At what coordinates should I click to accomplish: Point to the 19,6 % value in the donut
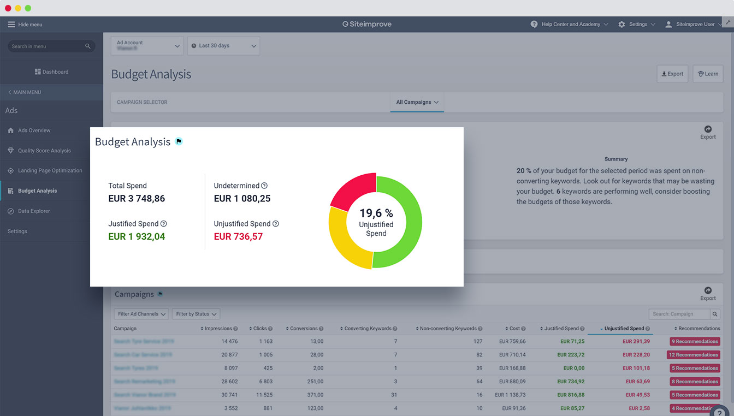pyautogui.click(x=376, y=213)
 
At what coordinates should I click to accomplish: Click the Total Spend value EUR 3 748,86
pyautogui.click(x=137, y=199)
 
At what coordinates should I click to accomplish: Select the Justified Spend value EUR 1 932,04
pyautogui.click(x=137, y=236)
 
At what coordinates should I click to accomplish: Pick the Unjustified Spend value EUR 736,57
pyautogui.click(x=238, y=236)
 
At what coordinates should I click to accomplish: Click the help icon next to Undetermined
pyautogui.click(x=264, y=186)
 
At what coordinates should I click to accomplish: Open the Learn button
pyautogui.click(x=708, y=74)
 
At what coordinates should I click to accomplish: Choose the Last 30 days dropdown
pyautogui.click(x=223, y=46)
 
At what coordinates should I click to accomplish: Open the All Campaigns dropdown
pyautogui.click(x=417, y=102)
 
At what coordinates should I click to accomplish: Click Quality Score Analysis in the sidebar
pyautogui.click(x=44, y=151)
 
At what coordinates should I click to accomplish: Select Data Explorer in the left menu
pyautogui.click(x=34, y=211)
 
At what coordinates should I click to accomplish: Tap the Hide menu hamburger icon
pyautogui.click(x=11, y=25)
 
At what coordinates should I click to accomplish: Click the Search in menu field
pyautogui.click(x=46, y=46)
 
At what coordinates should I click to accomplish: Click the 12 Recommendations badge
pyautogui.click(x=694, y=355)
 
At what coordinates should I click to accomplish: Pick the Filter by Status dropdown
pyautogui.click(x=196, y=314)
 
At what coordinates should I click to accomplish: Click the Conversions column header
pyautogui.click(x=304, y=329)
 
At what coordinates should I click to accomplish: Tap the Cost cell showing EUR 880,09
pyautogui.click(x=512, y=382)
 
